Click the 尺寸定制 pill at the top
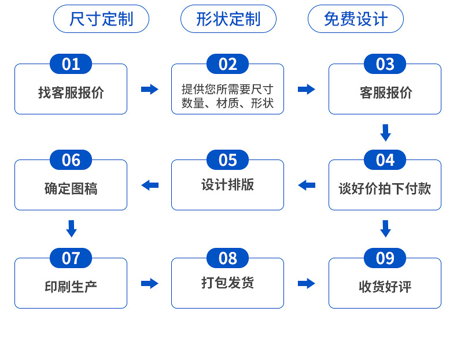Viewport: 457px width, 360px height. click(101, 19)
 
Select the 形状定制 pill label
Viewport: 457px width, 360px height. click(228, 19)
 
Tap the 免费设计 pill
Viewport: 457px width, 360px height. click(355, 19)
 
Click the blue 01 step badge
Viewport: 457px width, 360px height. click(71, 64)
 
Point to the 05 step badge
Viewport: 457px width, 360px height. click(228, 160)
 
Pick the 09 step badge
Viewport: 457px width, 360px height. click(385, 258)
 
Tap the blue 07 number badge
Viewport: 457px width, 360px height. click(71, 258)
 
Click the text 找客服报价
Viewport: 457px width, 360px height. click(71, 92)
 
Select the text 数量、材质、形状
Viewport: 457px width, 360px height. click(227, 104)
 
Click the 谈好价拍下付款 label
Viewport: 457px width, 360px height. click(385, 188)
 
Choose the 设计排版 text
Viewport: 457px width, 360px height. click(227, 185)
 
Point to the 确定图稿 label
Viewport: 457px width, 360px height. click(71, 188)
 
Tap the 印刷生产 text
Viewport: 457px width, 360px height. click(71, 287)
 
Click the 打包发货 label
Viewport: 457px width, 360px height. click(227, 283)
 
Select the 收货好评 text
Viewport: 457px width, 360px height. click(385, 287)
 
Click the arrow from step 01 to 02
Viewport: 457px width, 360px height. click(149, 90)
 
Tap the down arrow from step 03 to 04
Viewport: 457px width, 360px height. click(385, 132)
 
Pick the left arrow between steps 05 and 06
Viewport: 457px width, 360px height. click(150, 185)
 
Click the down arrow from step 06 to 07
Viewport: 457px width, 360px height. click(71, 228)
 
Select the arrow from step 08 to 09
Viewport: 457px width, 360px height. click(307, 284)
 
